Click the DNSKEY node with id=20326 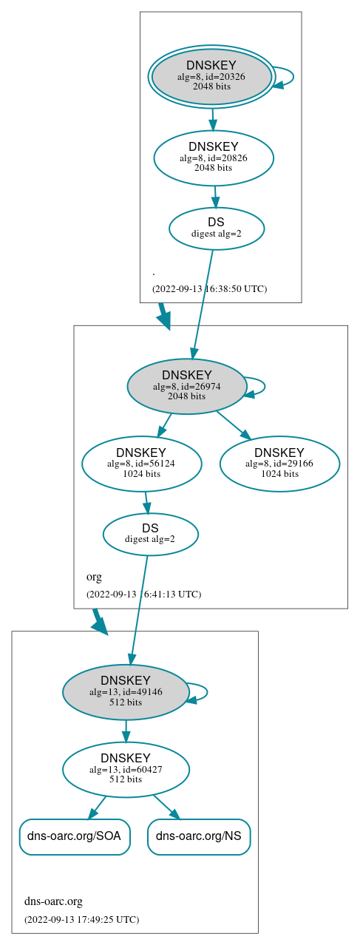[211, 77]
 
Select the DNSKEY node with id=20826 [214, 157]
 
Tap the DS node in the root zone [217, 228]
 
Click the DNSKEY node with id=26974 [187, 386]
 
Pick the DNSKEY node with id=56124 [141, 464]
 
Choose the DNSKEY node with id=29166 [279, 464]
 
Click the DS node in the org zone [150, 534]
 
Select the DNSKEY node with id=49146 [126, 691]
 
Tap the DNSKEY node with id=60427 [126, 770]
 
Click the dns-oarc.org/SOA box [75, 836]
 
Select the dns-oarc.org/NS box [199, 836]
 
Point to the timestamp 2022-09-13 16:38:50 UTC [209, 289]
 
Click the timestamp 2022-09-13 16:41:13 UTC [143, 594]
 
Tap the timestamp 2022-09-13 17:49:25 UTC [81, 920]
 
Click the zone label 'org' [94, 577]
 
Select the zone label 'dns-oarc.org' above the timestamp [53, 901]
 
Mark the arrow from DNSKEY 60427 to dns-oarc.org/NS [166, 807]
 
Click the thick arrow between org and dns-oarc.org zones [98, 621]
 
